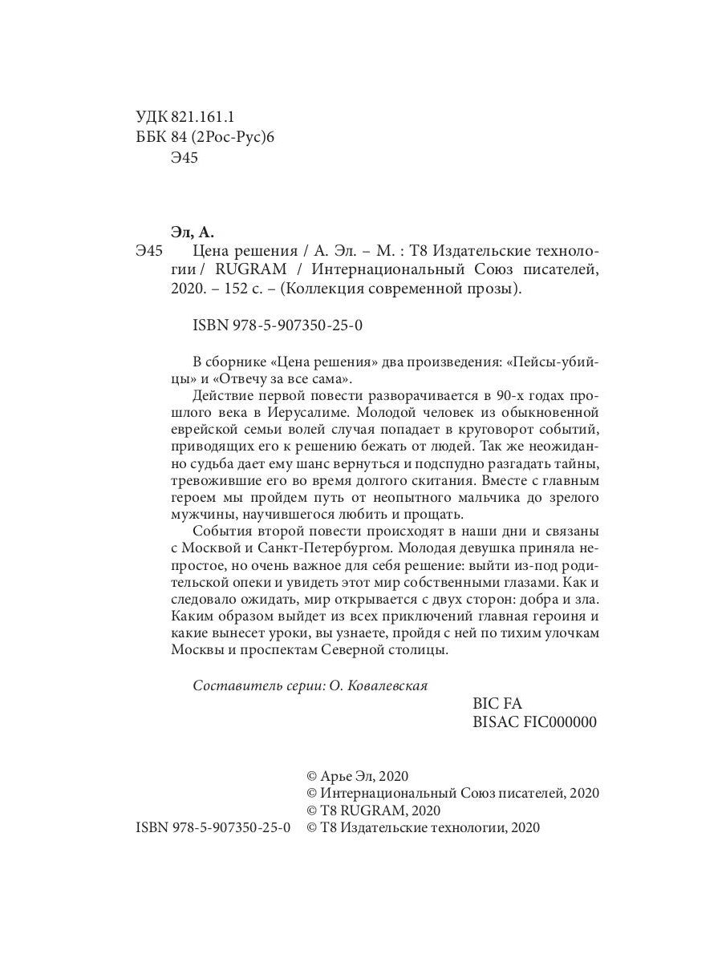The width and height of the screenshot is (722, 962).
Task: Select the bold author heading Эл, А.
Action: tap(193, 233)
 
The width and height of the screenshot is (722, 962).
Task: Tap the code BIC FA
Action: tap(498, 703)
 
